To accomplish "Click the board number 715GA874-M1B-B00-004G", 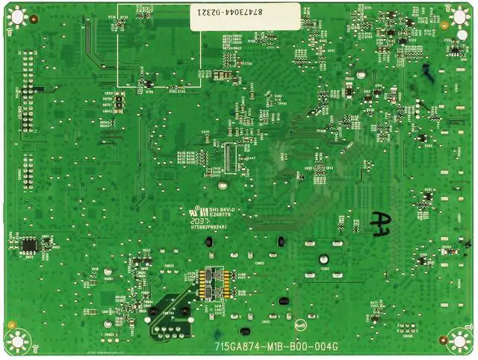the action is pyautogui.click(x=276, y=346).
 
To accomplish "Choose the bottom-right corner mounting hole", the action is pyautogui.click(x=460, y=341).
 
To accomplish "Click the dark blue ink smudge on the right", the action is pyautogui.click(x=426, y=72).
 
